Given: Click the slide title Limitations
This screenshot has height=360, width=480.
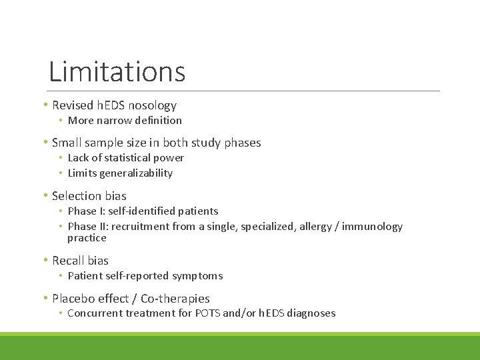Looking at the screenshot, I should coord(117,71).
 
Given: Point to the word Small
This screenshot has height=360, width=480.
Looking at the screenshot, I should coord(66,143).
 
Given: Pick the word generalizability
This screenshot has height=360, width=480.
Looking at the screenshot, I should coord(137,173).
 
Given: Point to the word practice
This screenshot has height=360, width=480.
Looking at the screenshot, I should coord(87,238).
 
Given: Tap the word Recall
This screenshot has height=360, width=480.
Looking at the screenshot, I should coord(67,261).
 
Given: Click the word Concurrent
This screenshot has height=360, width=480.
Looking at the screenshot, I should coord(94,313).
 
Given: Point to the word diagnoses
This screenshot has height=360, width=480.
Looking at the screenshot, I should coord(311,313).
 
